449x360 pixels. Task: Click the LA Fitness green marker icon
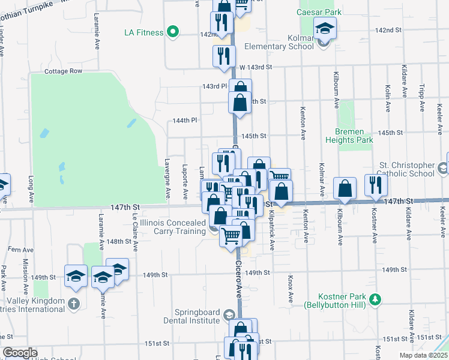point(173,32)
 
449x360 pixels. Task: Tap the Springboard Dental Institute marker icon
point(229,314)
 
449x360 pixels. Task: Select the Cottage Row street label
point(63,71)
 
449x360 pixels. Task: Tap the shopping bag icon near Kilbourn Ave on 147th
point(346,188)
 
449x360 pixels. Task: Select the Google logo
point(20,353)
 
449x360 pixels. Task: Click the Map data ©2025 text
point(423,355)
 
